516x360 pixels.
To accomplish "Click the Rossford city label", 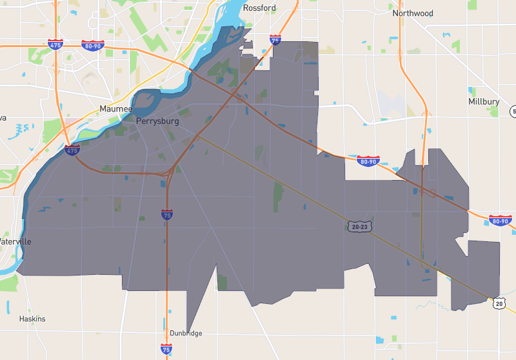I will click(x=259, y=8).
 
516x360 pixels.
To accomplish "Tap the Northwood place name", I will click(x=413, y=13).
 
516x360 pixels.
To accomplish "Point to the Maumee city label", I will click(x=116, y=109).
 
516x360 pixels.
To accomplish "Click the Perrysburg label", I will click(x=157, y=121).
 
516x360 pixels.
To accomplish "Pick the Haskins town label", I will click(x=32, y=319).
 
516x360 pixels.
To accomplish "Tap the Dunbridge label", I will click(x=186, y=333).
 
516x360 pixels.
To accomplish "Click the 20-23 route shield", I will click(x=359, y=226).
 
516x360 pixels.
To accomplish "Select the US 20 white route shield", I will click(x=499, y=302).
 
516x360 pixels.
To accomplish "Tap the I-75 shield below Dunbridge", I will click(x=166, y=349).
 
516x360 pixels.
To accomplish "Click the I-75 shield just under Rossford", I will click(x=275, y=40).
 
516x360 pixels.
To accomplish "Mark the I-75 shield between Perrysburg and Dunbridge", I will click(x=167, y=214).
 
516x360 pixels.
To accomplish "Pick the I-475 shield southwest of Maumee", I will click(x=72, y=150).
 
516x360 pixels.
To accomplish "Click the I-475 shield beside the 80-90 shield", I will click(x=55, y=45).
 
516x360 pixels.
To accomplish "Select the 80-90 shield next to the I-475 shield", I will click(x=92, y=45).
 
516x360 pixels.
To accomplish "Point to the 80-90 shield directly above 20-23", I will click(x=368, y=160).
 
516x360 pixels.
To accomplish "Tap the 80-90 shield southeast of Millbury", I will click(x=500, y=221).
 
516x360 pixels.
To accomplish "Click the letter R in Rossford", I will click(x=246, y=8).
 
